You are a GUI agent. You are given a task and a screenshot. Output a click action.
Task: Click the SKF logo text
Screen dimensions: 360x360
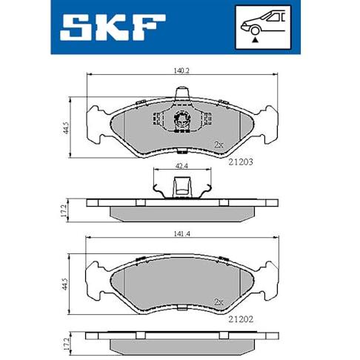tap(113, 27)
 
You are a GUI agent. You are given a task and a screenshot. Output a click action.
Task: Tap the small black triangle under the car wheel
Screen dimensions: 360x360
tap(255, 39)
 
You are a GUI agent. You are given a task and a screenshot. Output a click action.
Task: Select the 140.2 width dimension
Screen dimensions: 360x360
tap(181, 71)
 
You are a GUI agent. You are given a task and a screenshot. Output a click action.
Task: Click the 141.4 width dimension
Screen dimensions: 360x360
tap(181, 233)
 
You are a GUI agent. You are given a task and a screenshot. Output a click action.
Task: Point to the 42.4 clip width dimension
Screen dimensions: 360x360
tap(181, 166)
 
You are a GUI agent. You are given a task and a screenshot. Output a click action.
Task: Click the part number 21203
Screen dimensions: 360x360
tap(241, 162)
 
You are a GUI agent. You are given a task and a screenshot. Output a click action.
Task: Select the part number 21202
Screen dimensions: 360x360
tap(241, 319)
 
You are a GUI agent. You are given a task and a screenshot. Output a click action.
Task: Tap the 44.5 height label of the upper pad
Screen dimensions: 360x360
tap(65, 127)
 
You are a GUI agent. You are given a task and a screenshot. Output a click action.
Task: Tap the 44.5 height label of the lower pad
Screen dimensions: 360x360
tap(65, 284)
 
